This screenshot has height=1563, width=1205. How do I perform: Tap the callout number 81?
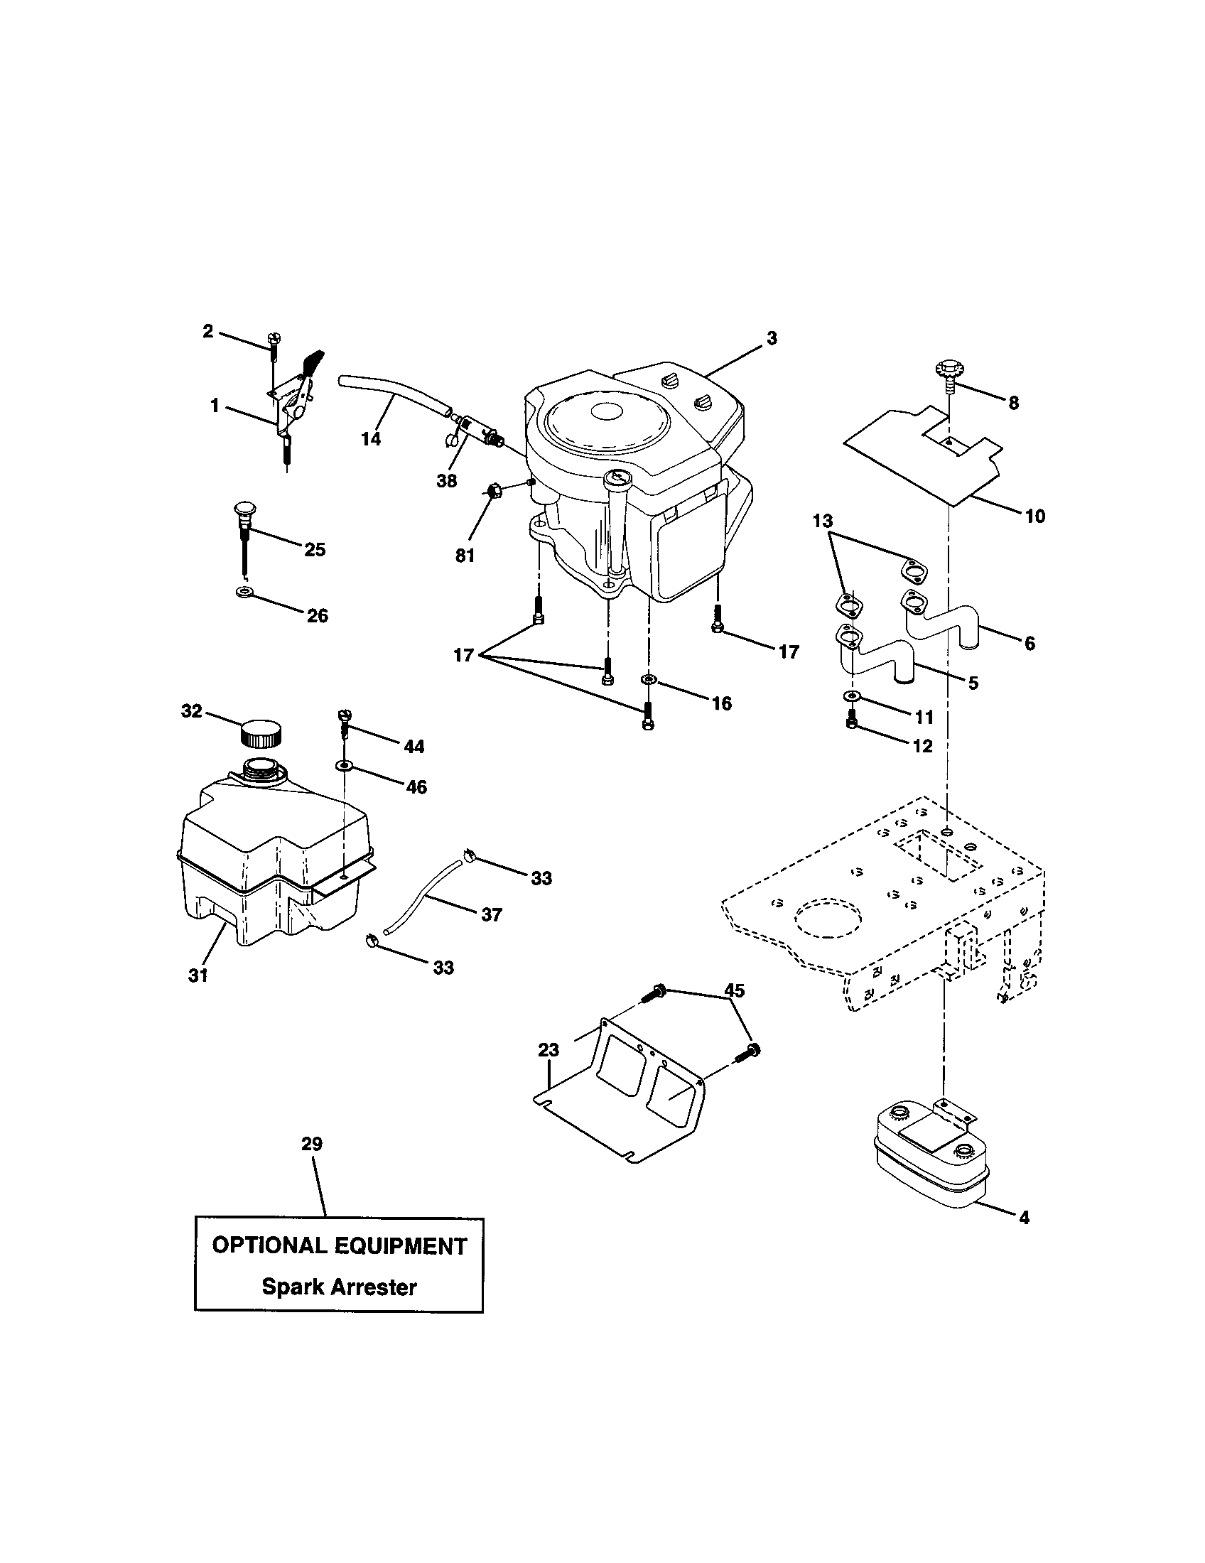click(x=465, y=556)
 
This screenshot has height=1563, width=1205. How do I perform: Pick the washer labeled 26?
click(x=242, y=592)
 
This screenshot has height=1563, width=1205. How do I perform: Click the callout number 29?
click(x=312, y=1144)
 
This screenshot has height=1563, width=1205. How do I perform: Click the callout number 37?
click(x=491, y=914)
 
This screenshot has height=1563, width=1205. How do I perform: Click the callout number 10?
click(x=1034, y=516)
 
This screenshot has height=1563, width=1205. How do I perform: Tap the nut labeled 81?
click(x=493, y=490)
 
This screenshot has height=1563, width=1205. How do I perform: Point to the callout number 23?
click(x=549, y=1051)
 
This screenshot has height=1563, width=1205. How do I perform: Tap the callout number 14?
click(x=371, y=438)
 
